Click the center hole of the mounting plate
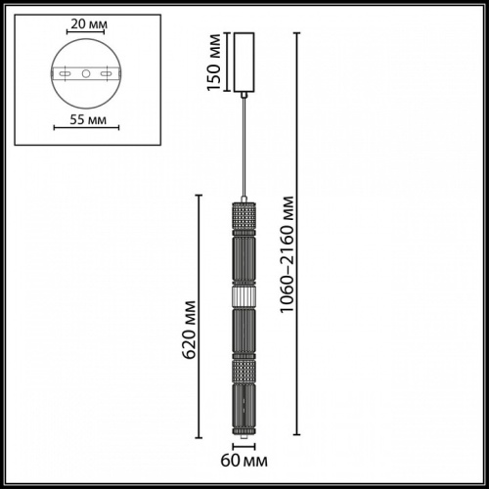(85, 74)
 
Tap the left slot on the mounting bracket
(66, 74)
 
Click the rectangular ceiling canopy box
(244, 63)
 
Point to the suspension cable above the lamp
(244, 147)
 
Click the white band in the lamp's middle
(244, 295)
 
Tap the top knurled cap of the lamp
(244, 211)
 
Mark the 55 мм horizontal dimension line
(85, 127)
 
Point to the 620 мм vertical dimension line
(200, 313)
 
